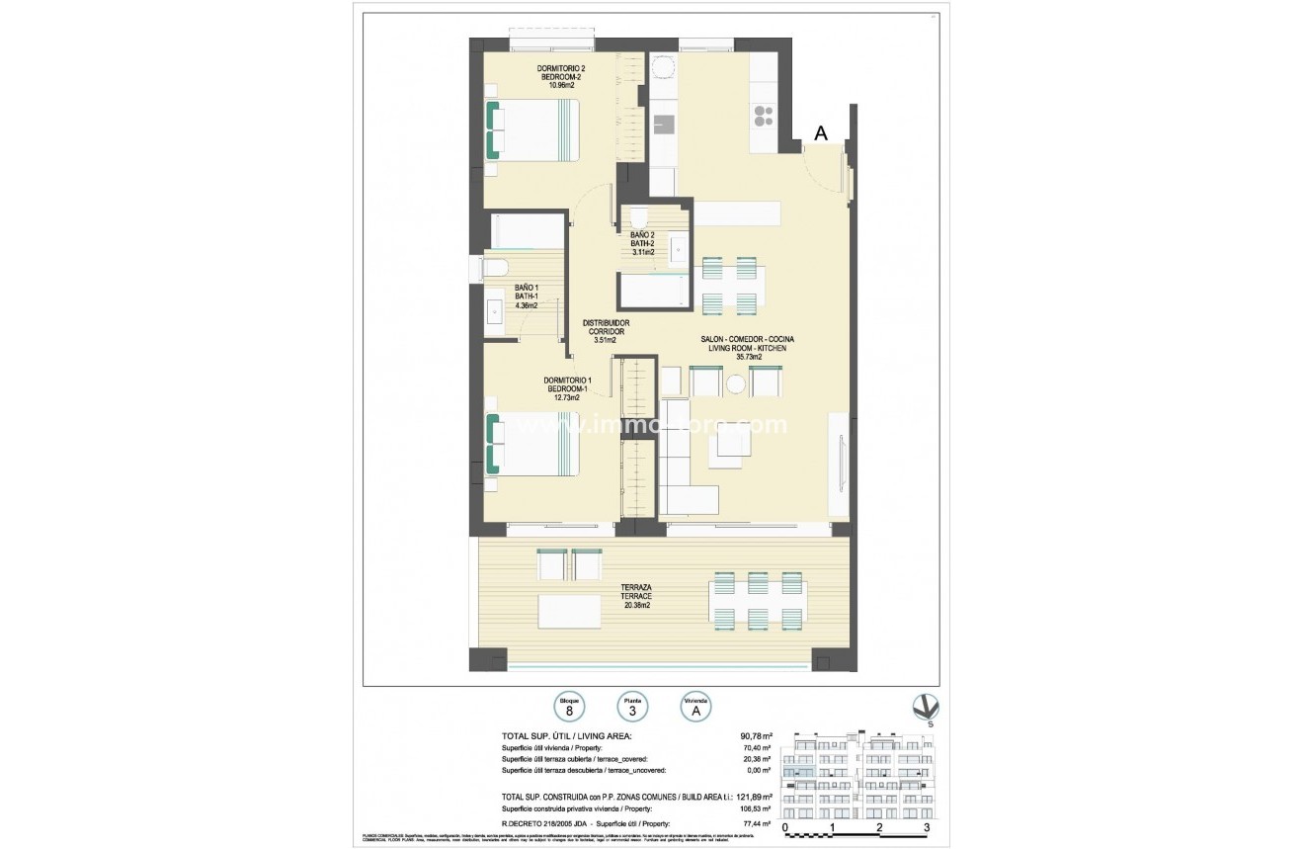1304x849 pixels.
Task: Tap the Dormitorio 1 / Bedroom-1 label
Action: point(568,388)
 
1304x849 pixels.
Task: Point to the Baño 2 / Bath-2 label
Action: point(642,243)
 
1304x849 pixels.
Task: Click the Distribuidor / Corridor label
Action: point(606,331)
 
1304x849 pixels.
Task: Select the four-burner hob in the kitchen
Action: point(763,116)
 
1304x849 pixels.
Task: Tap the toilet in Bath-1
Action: point(495,269)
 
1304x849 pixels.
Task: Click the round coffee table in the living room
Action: point(738,383)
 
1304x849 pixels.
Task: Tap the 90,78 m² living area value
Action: point(756,736)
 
